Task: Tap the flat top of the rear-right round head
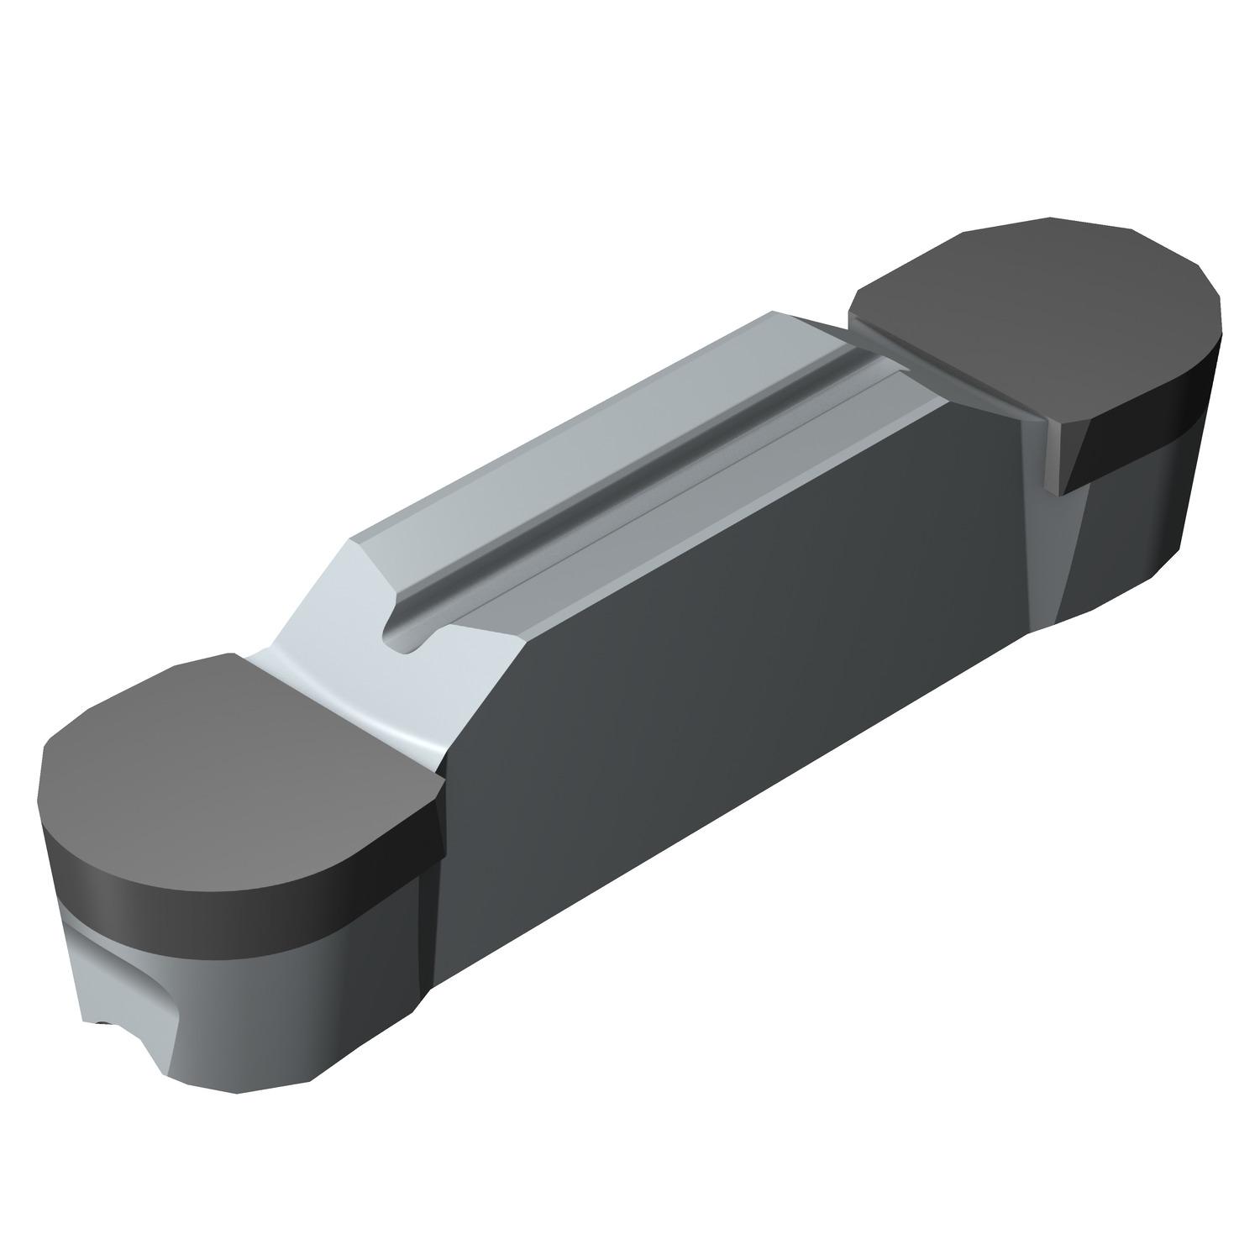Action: pos(1033,319)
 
